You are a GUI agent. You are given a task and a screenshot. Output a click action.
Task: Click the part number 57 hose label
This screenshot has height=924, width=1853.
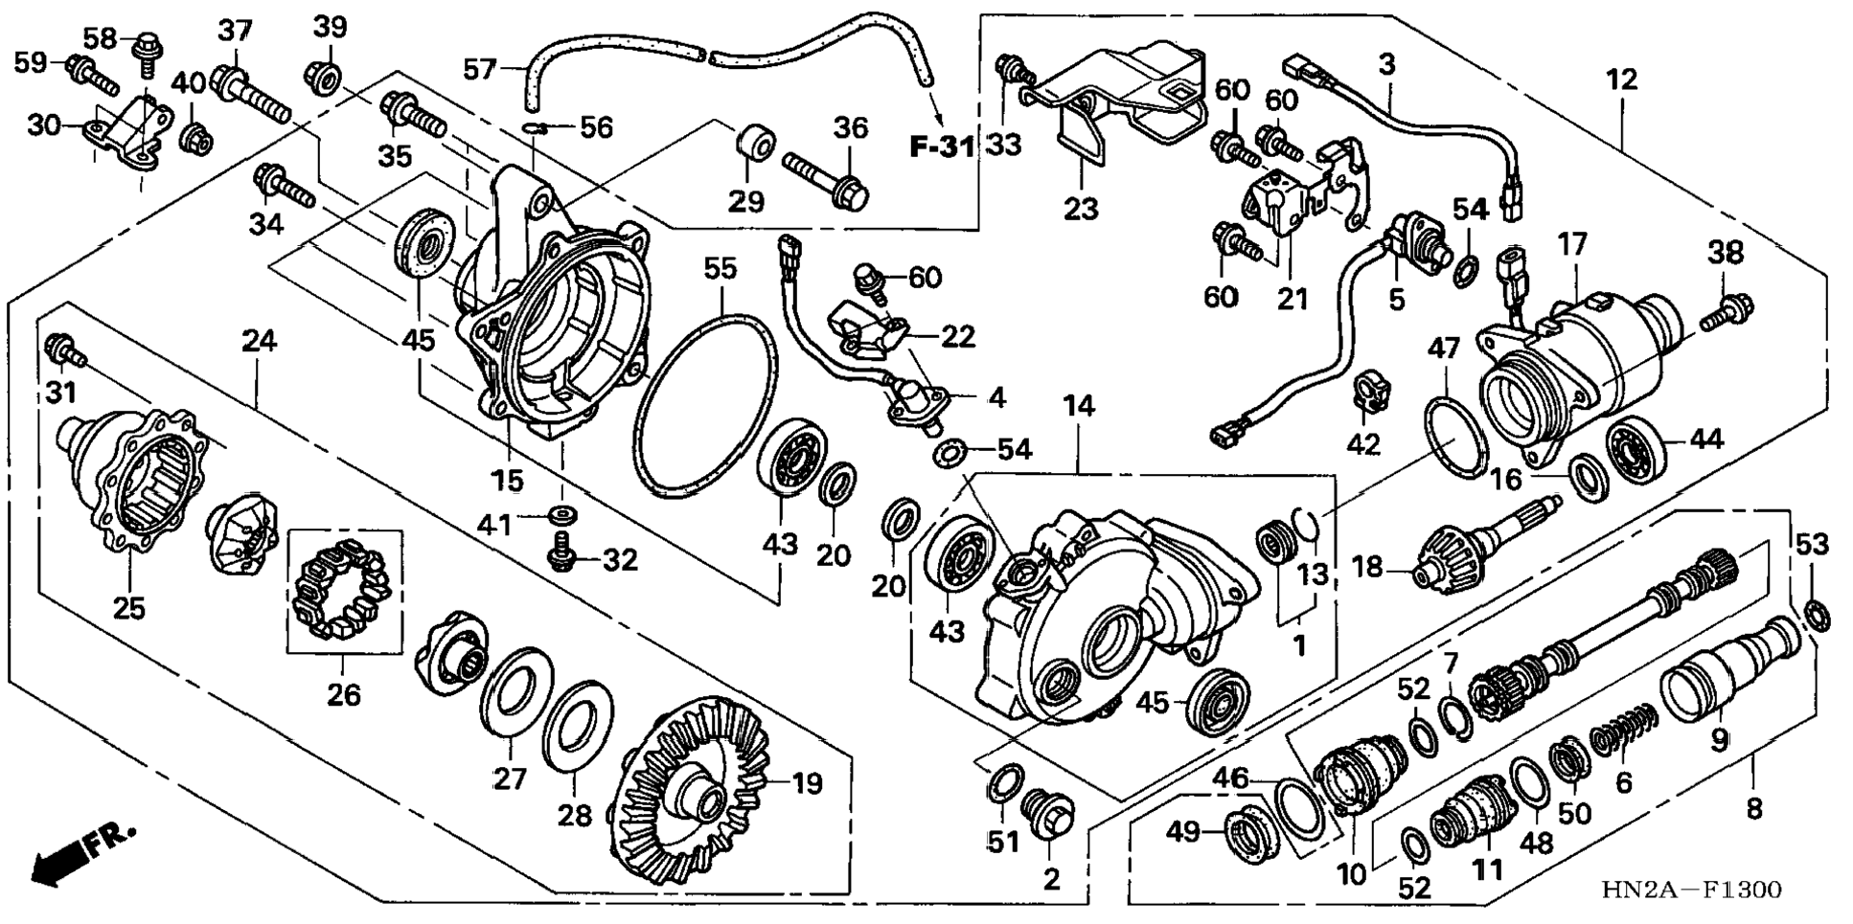[481, 69]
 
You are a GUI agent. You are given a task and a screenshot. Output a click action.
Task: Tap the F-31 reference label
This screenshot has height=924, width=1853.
[942, 147]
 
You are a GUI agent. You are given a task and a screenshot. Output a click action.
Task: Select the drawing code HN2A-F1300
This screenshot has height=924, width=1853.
[1691, 890]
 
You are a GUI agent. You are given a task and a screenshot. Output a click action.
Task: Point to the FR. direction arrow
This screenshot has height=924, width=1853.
[81, 853]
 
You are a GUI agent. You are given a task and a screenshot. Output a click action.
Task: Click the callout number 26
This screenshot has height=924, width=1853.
[344, 694]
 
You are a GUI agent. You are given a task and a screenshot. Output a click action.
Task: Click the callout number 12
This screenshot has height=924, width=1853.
[1621, 79]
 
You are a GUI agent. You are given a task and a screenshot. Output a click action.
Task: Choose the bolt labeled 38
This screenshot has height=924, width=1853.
[1727, 313]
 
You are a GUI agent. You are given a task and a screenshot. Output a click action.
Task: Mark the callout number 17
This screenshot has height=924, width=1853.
[1572, 245]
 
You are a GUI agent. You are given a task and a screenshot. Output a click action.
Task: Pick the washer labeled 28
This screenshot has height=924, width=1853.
[578, 718]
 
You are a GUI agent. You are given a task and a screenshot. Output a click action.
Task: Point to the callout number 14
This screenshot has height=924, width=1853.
[1078, 407]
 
